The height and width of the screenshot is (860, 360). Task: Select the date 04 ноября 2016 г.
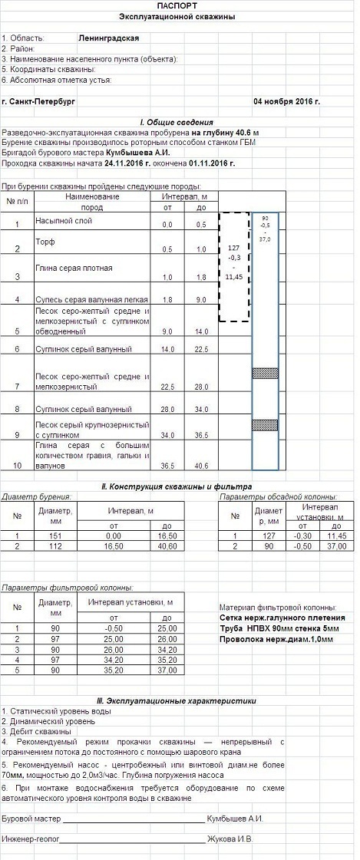[x=286, y=101]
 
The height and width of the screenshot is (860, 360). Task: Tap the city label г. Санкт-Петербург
[x=38, y=101]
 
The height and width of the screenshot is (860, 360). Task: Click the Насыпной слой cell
[x=64, y=222]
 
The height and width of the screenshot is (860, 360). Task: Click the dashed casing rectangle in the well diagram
[x=234, y=265]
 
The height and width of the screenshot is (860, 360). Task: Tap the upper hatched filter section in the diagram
[x=265, y=373]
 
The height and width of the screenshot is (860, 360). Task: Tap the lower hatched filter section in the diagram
[x=265, y=423]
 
